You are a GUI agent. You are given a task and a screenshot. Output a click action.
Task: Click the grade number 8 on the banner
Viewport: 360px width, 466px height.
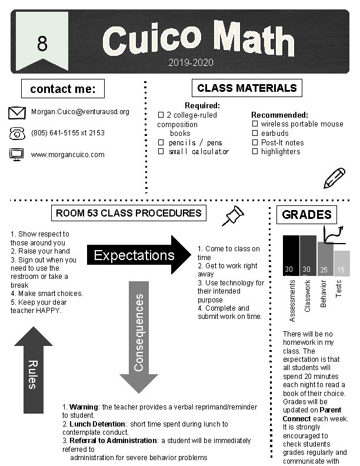pos(41,44)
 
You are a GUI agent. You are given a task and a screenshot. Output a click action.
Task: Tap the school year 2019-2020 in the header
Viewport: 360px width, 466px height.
pos(190,62)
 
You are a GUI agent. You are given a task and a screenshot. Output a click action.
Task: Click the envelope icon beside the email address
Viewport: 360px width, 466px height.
pos(18,112)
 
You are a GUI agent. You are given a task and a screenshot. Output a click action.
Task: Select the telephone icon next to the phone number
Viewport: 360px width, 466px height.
pos(18,134)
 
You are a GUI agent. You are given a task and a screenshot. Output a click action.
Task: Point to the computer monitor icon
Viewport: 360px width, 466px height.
pos(18,155)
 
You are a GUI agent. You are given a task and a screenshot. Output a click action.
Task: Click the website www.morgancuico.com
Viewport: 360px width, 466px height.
pos(68,155)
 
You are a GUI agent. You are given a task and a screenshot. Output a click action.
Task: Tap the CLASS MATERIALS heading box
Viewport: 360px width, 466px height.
pos(246,88)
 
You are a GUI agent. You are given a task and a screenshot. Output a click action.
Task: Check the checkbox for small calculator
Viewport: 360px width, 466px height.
pos(160,152)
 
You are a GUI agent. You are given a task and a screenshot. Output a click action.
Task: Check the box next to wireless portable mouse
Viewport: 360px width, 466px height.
pos(255,124)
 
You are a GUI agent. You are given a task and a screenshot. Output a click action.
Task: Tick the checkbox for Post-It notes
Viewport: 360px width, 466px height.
pos(255,143)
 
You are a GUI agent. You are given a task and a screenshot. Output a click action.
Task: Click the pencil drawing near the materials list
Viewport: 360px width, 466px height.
pos(334,178)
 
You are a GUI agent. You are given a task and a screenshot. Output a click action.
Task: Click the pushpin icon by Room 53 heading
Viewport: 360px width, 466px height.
pos(233,215)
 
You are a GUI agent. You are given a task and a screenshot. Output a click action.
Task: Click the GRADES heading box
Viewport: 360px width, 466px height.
pos(306,215)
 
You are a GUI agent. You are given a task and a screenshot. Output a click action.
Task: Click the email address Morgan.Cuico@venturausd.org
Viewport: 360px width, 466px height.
pos(80,112)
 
